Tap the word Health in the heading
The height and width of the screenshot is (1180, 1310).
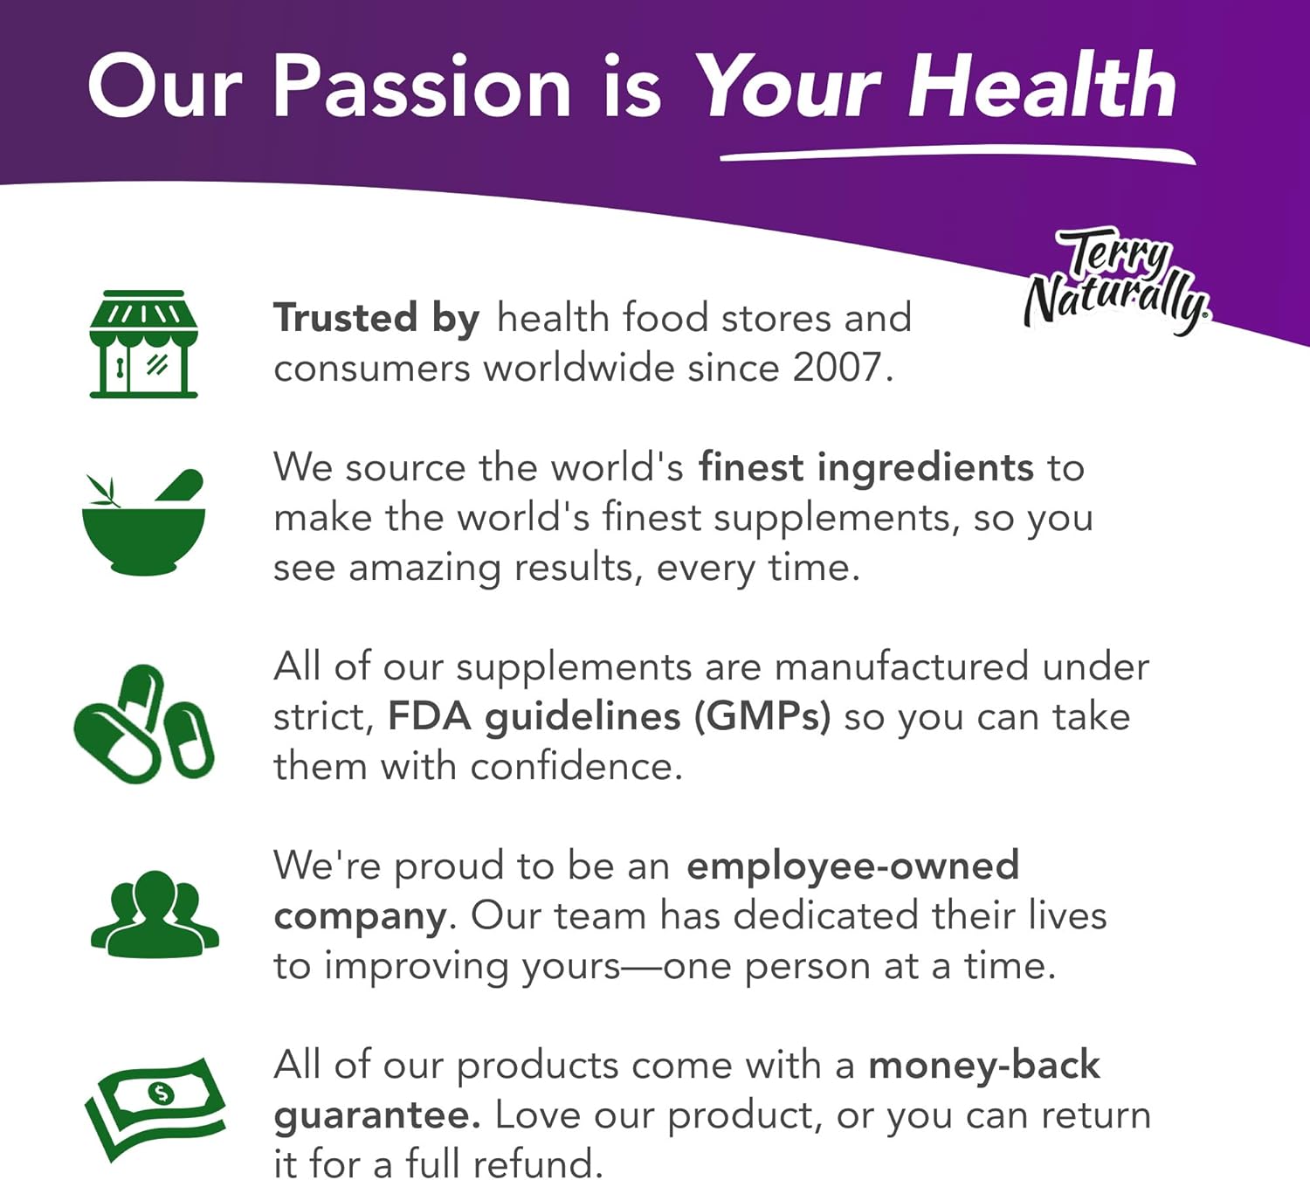(x=1042, y=86)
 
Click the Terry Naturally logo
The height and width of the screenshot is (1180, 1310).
(x=1118, y=280)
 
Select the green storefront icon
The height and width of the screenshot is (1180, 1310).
(x=144, y=343)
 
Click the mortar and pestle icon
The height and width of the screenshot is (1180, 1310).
(x=144, y=522)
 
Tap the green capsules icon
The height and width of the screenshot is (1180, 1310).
(x=144, y=724)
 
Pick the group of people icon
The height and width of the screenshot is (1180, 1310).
(x=155, y=914)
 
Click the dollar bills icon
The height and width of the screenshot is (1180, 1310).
(x=155, y=1108)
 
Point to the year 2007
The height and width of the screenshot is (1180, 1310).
(x=838, y=368)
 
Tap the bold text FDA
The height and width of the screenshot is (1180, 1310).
(x=429, y=716)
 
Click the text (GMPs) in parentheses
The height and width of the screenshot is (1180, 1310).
(x=762, y=717)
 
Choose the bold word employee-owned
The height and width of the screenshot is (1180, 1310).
(x=853, y=866)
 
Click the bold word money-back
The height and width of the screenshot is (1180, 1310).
(x=984, y=1065)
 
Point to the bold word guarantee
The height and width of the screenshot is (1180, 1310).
(x=377, y=1116)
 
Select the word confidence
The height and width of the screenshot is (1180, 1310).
(x=576, y=766)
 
